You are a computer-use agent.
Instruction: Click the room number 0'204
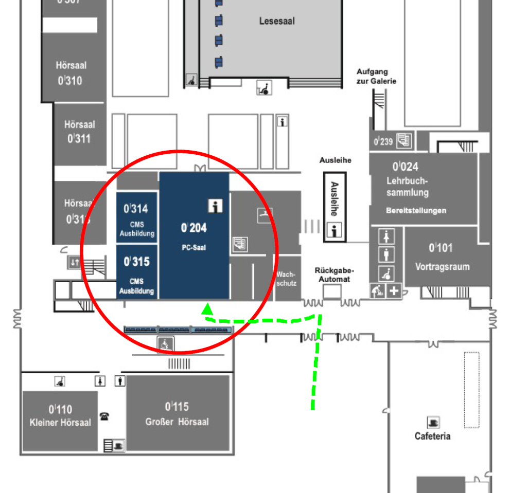pyautogui.click(x=194, y=228)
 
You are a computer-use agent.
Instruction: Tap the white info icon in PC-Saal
pyautogui.click(x=215, y=206)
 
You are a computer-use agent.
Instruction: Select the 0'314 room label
pyautogui.click(x=136, y=209)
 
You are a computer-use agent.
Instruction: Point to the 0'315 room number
pyautogui.click(x=136, y=262)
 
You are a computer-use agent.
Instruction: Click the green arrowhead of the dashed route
pyautogui.click(x=207, y=309)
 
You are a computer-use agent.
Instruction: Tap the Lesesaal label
pyautogui.click(x=277, y=21)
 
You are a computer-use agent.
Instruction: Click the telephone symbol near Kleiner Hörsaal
pyautogui.click(x=104, y=416)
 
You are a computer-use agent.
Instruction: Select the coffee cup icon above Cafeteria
pyautogui.click(x=433, y=422)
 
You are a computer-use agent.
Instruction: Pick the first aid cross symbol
pyautogui.click(x=394, y=291)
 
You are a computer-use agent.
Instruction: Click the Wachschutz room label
pyautogui.click(x=286, y=279)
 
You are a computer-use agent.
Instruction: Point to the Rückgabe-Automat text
pyautogui.click(x=334, y=275)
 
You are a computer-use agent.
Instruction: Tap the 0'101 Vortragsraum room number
pyautogui.click(x=441, y=248)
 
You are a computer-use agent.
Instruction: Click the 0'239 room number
pyautogui.click(x=383, y=141)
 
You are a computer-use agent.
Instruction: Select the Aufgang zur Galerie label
pyautogui.click(x=376, y=76)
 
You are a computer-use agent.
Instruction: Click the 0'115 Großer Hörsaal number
pyautogui.click(x=177, y=407)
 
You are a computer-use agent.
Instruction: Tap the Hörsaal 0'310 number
pyautogui.click(x=70, y=81)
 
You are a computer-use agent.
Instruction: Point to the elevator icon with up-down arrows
pyautogui.click(x=74, y=262)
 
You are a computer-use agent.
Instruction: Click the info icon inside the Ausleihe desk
pyautogui.click(x=334, y=230)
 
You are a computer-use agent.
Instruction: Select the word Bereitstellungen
pyautogui.click(x=416, y=211)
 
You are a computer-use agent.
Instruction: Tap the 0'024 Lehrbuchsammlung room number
pyautogui.click(x=406, y=167)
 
